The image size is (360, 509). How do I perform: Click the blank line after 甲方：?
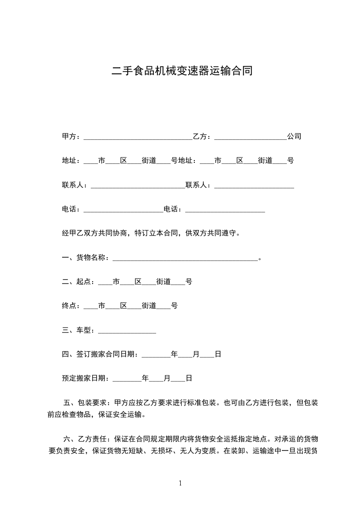coord(138,137)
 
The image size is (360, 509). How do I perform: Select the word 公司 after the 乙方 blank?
coord(294,137)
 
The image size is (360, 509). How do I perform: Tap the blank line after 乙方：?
coord(250,137)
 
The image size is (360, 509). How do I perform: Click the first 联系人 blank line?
coord(138,186)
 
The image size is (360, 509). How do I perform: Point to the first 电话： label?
coord(71,210)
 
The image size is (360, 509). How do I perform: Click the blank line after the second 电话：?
coord(225,210)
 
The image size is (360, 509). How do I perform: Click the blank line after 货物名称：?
coord(185,259)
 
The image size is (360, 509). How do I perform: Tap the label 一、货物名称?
coord(85,258)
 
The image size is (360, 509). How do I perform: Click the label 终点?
coord(71,306)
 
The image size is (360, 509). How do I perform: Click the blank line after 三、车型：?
coord(127,331)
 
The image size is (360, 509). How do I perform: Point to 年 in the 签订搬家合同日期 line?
coord(174,354)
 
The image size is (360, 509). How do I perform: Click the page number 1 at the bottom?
coord(180,483)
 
